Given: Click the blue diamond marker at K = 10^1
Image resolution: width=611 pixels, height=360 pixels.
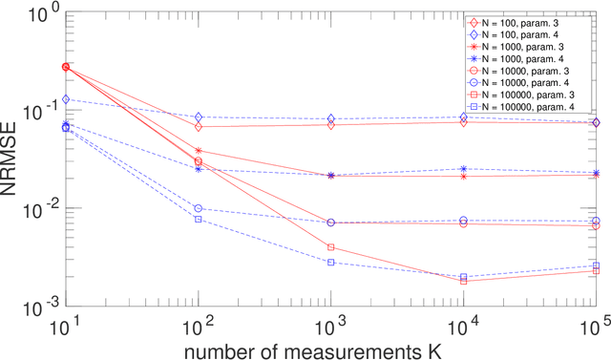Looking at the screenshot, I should tap(66, 99).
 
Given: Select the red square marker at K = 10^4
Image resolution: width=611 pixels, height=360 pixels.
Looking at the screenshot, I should tap(463, 281).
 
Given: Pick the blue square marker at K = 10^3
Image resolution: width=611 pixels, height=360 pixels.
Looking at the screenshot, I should tap(330, 262).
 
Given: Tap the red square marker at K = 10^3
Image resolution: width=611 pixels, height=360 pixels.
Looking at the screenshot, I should tap(330, 247).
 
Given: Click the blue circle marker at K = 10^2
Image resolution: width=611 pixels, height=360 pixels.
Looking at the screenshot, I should tap(199, 208).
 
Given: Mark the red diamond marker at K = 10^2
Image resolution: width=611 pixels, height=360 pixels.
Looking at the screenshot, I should tap(199, 126).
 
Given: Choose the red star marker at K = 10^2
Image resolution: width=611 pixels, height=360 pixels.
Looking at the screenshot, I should tap(199, 151).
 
